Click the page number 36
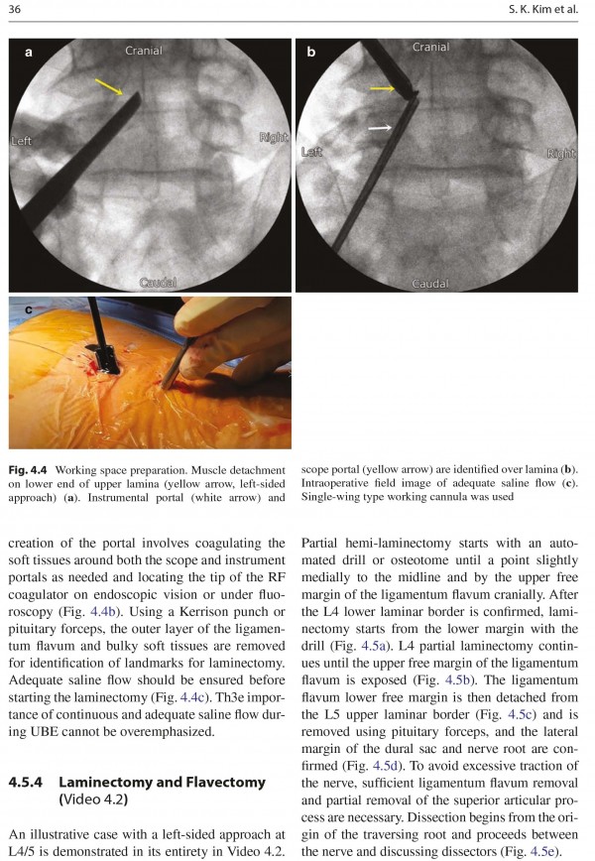(x=15, y=10)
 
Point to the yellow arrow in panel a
(x=109, y=87)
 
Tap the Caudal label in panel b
(x=430, y=284)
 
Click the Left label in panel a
(x=22, y=141)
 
